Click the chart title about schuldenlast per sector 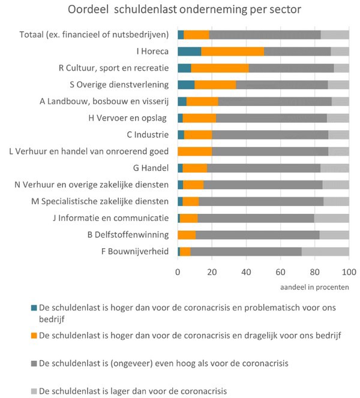(x=180, y=11)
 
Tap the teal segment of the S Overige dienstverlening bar (x=186, y=85)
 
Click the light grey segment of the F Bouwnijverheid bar (x=325, y=251)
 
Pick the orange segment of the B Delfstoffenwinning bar (x=187, y=234)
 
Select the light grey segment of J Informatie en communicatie (x=331, y=218)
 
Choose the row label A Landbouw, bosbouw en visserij (x=104, y=101)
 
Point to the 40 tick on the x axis (x=246, y=272)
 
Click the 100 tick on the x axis (x=349, y=272)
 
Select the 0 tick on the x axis (x=178, y=272)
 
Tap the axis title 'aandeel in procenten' (x=315, y=288)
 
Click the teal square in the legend (x=34, y=307)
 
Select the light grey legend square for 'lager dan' (x=34, y=391)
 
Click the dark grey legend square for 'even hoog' (x=34, y=364)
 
